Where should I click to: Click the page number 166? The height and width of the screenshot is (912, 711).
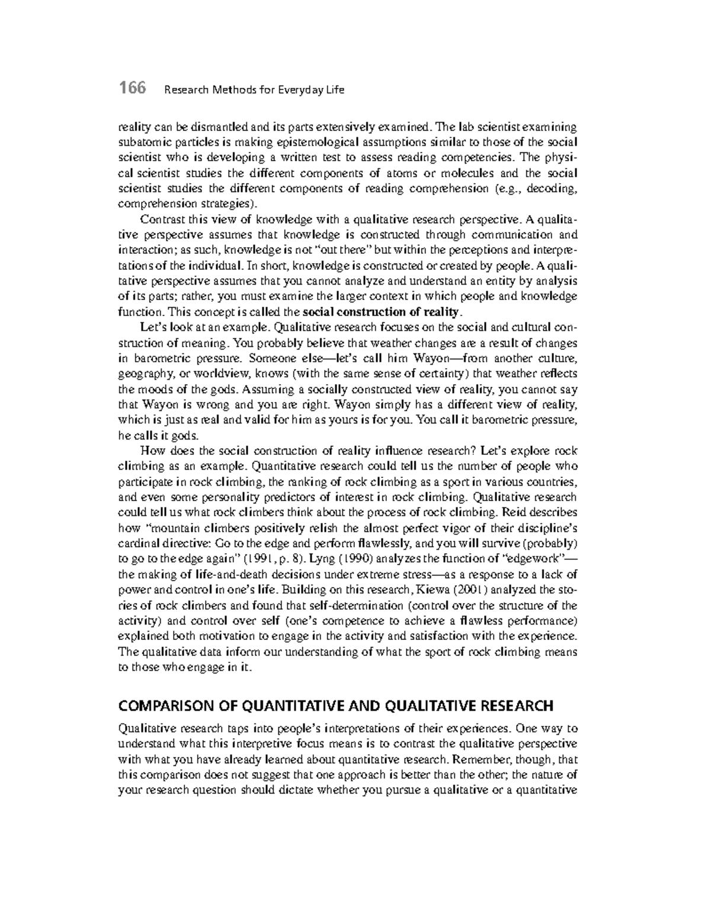(x=132, y=89)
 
